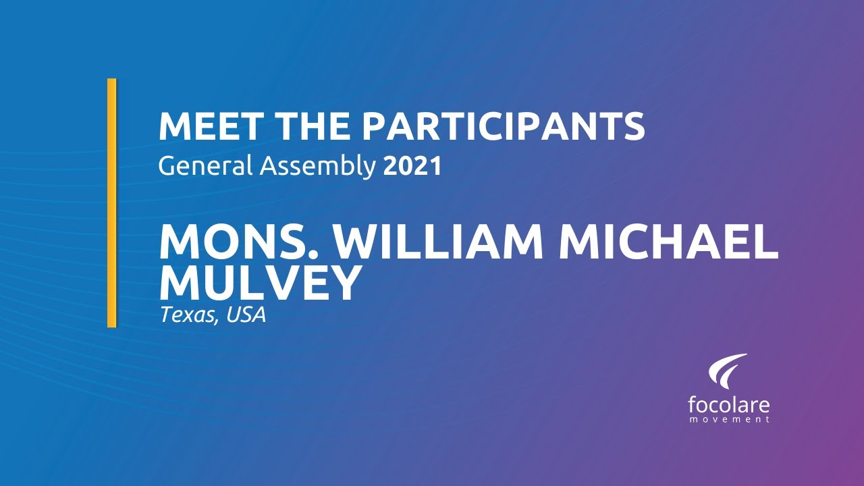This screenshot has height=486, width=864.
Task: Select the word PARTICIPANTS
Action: click(x=504, y=127)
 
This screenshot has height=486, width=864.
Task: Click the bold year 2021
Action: click(x=412, y=166)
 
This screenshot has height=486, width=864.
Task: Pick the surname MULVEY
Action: click(x=260, y=283)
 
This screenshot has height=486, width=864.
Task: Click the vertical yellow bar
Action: click(x=112, y=202)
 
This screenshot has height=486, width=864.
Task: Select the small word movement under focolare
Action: click(x=729, y=420)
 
